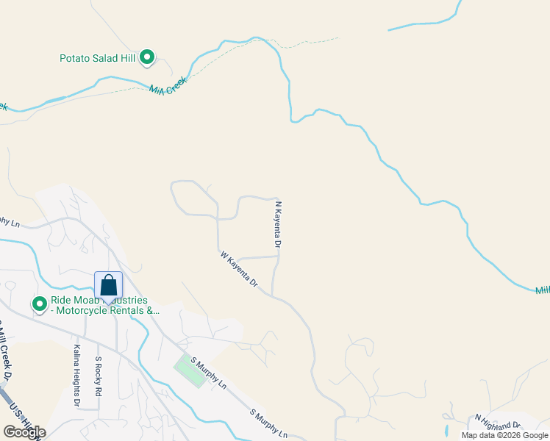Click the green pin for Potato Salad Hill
click(147, 57)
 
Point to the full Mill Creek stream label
click(168, 84)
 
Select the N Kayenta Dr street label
click(278, 223)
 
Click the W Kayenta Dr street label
click(240, 269)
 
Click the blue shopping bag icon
click(108, 286)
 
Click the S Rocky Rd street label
click(98, 377)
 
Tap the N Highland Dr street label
click(498, 422)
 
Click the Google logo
click(24, 431)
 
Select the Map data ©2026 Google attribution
click(504, 435)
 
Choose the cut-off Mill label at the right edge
click(542, 290)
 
